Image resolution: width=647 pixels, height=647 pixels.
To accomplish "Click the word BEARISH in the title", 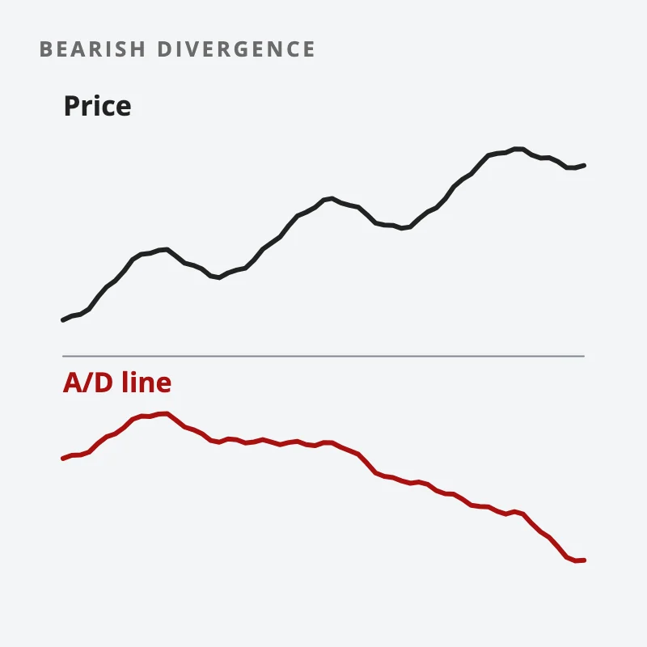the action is [x=92, y=49].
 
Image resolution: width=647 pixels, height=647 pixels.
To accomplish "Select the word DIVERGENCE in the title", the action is [x=236, y=49].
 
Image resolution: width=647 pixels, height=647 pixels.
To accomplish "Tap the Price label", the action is [x=97, y=106].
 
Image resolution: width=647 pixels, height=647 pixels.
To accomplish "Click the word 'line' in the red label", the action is [x=146, y=382].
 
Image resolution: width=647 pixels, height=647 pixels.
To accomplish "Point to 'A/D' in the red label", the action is [x=88, y=382].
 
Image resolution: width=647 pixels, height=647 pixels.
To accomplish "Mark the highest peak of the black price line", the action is [x=518, y=149].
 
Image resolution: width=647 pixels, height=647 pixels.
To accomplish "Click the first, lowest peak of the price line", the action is [x=165, y=249].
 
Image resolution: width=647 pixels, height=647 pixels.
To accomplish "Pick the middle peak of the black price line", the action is [x=331, y=198].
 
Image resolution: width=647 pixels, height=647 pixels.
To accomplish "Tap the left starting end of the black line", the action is [x=63, y=319].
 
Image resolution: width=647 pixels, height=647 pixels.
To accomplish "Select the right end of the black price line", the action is [x=584, y=166].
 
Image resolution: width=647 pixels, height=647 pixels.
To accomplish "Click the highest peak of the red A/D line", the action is [x=166, y=413].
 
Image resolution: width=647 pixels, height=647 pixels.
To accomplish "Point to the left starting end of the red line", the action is [x=63, y=459].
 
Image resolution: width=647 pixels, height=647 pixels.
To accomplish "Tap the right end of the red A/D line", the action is [x=584, y=560].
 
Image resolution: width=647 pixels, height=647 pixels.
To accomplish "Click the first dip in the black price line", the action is [x=218, y=277].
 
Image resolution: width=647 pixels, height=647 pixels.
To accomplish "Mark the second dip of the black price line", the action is [x=402, y=228].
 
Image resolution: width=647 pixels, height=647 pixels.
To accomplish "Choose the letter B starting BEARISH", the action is [x=45, y=49].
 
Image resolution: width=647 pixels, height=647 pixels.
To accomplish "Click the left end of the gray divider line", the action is [x=63, y=356].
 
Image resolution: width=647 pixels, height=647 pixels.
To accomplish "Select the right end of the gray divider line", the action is [x=584, y=356].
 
